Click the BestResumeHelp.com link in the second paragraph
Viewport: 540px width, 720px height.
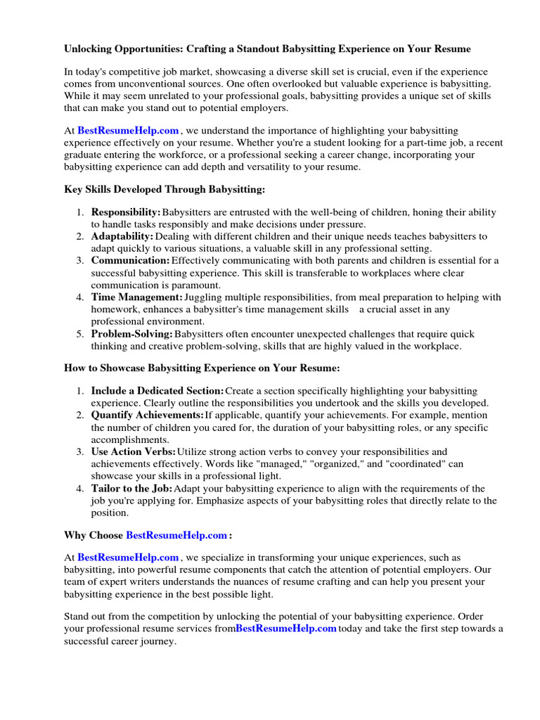click(x=128, y=131)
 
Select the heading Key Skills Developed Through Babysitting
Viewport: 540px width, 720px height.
click(x=165, y=190)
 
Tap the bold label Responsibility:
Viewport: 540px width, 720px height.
click(x=126, y=212)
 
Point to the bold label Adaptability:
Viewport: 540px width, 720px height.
click(x=122, y=236)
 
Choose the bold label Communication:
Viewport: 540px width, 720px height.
click(x=130, y=261)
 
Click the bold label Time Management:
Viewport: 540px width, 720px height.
click(x=137, y=297)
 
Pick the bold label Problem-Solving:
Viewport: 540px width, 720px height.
click(x=132, y=334)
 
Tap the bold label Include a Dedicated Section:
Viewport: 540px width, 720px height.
click(x=157, y=391)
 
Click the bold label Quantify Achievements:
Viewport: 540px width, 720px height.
click(x=147, y=416)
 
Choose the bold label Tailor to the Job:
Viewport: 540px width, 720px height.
click(x=131, y=489)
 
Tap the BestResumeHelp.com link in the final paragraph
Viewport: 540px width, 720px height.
click(x=285, y=629)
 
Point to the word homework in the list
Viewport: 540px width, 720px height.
click(x=113, y=309)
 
